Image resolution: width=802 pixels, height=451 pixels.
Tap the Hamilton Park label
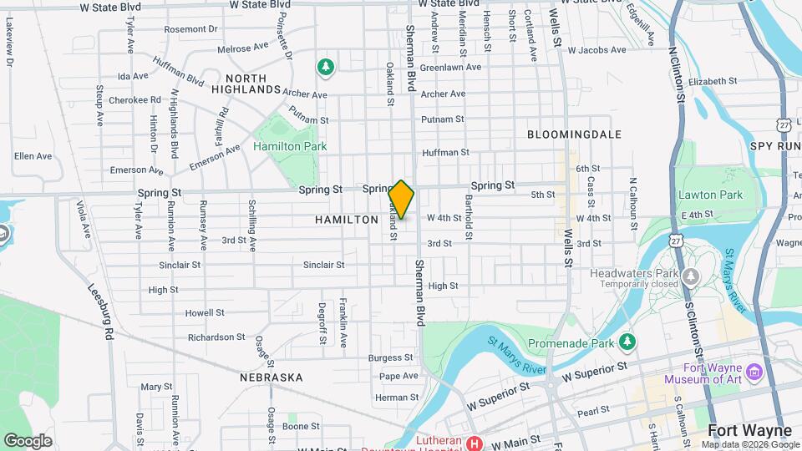coord(290,146)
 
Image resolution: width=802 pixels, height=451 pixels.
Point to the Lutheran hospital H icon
coord(475,443)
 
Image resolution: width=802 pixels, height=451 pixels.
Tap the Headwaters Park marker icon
coord(690,276)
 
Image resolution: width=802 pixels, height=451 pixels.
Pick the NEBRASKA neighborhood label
coord(272,378)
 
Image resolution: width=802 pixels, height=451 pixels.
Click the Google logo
coord(28,440)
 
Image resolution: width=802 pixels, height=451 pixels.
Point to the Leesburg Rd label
coord(100,310)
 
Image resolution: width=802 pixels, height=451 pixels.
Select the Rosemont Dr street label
coord(190,28)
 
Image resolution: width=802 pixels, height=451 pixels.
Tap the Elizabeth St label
coord(713,82)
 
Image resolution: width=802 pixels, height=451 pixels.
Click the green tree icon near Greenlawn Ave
coord(326,66)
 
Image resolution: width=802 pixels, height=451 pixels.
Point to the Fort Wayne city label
coord(749,431)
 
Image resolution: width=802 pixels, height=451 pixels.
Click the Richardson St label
coord(216,337)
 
